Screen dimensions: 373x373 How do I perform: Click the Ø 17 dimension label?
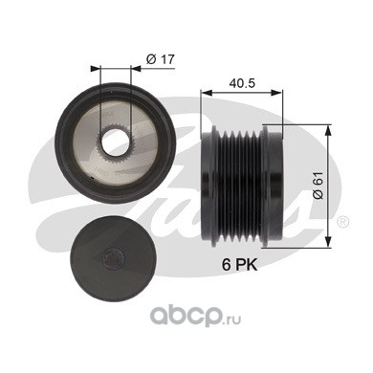coord(161,59)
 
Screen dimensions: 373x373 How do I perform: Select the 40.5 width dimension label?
coord(242,83)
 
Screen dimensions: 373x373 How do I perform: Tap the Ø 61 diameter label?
coord(318,186)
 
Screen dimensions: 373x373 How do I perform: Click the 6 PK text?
coord(239,265)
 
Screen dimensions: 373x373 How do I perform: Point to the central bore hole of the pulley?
coord(115,143)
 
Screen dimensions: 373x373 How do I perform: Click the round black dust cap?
coord(113,259)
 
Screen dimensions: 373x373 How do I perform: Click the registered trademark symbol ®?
coord(343,222)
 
